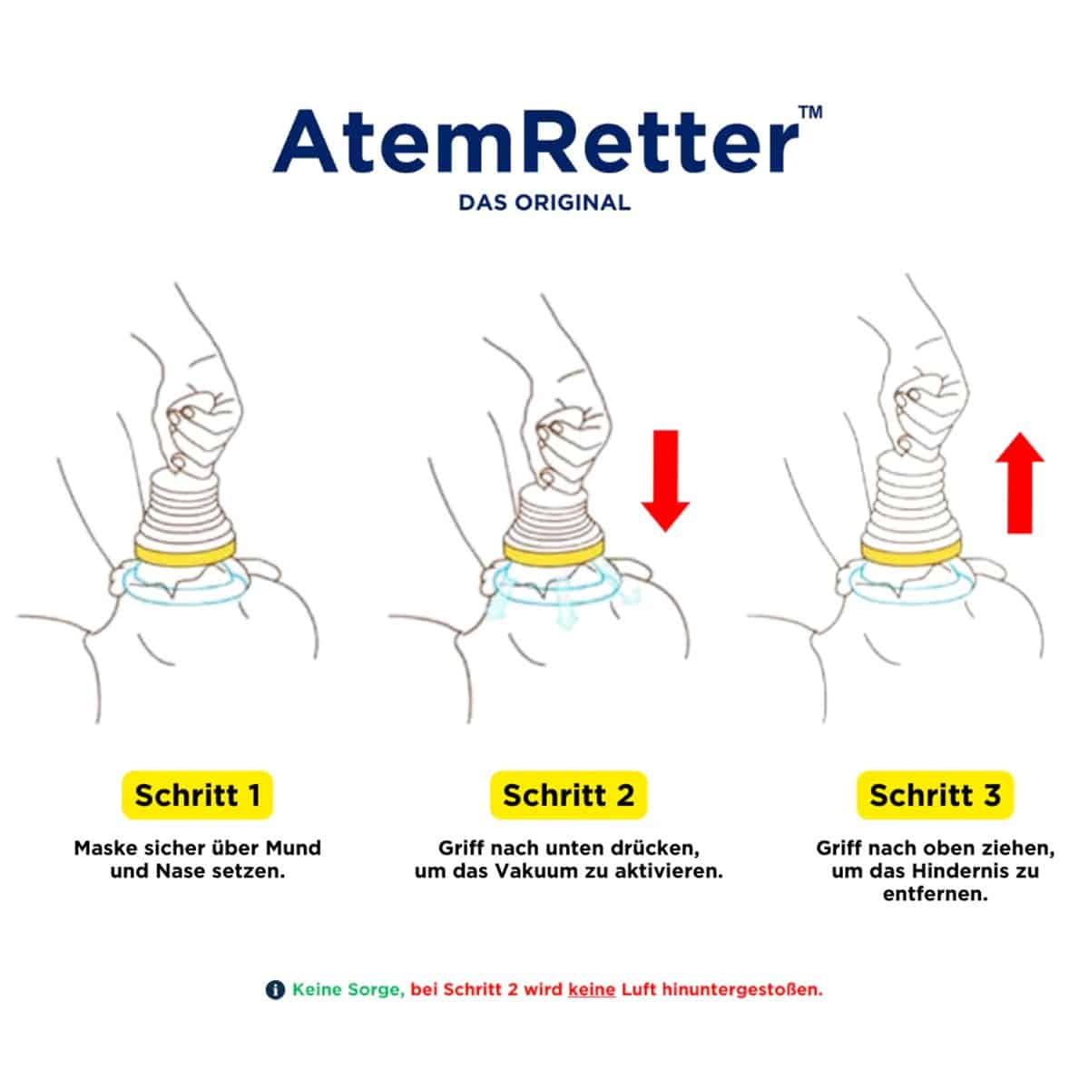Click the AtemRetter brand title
535,141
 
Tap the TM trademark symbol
811,112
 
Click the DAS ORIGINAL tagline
544,202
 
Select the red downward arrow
665,481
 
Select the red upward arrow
1019,483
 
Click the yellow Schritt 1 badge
197,795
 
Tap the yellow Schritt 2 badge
568,795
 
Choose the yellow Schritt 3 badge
936,795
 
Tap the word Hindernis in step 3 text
956,871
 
